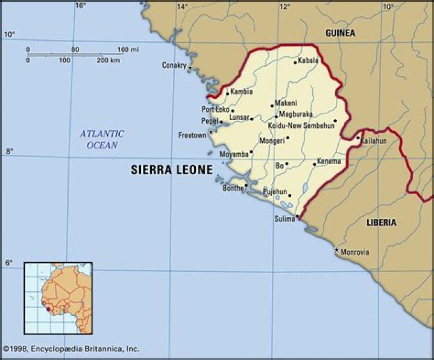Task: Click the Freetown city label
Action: tap(192, 136)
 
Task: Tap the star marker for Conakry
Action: tap(189, 68)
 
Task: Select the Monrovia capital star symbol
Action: tap(336, 250)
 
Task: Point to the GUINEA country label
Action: tap(340, 33)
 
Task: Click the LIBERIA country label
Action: tap(382, 223)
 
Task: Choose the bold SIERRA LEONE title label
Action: tap(172, 170)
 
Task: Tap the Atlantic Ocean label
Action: tap(102, 139)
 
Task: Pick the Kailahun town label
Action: tap(373, 141)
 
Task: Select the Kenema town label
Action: tap(329, 162)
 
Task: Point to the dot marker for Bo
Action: tap(286, 163)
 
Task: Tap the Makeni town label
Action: tap(286, 104)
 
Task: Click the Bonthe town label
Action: tap(232, 188)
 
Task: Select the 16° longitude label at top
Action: tap(80, 5)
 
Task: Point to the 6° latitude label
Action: tap(8, 263)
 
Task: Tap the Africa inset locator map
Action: tap(58, 298)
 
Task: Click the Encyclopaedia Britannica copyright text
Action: tap(71, 349)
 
